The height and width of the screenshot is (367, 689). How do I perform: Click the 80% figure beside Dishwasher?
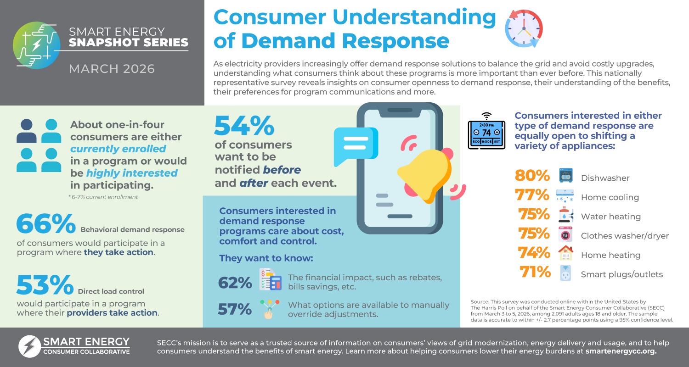click(532, 176)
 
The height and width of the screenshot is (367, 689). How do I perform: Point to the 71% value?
click(535, 272)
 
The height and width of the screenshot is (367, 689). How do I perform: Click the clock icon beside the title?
click(524, 28)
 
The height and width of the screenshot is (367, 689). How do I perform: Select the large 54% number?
click(244, 125)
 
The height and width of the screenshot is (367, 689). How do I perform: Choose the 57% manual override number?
click(235, 309)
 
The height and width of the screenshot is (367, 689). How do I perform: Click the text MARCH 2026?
click(112, 69)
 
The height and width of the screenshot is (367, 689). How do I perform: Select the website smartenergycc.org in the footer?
click(621, 352)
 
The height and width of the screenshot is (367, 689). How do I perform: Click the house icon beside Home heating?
click(565, 253)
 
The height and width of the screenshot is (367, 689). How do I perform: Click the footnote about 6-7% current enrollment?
click(103, 197)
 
